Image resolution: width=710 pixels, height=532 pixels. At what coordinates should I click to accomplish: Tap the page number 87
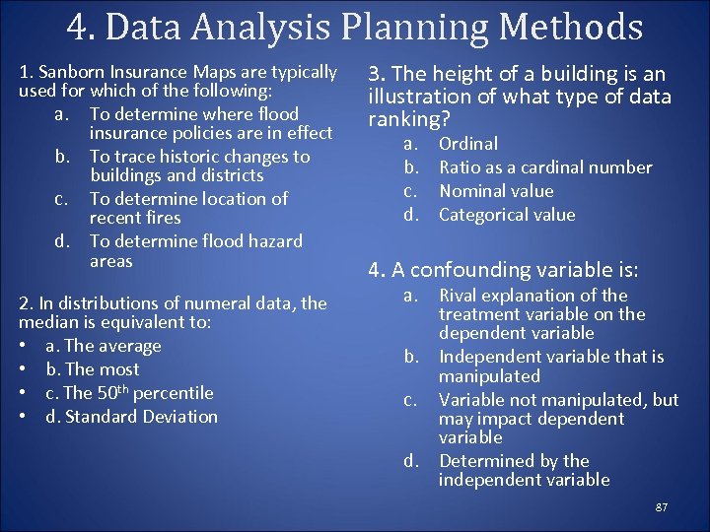[661, 506]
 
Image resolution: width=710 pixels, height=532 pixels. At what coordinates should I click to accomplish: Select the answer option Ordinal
[468, 144]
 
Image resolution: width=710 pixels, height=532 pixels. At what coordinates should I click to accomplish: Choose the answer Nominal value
[496, 191]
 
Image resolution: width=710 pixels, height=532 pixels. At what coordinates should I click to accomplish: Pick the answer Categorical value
[506, 215]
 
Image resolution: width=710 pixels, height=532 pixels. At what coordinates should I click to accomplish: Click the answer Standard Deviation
[131, 417]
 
